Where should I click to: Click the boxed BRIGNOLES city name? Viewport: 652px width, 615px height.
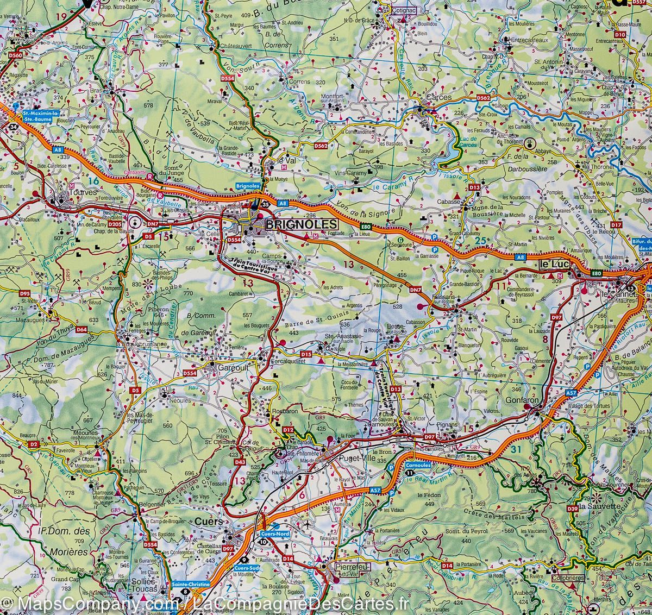(x=299, y=224)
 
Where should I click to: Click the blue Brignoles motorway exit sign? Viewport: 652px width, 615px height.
(x=249, y=186)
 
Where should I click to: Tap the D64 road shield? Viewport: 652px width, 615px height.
(x=81, y=329)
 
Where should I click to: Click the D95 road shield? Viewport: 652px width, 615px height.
(x=24, y=293)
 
